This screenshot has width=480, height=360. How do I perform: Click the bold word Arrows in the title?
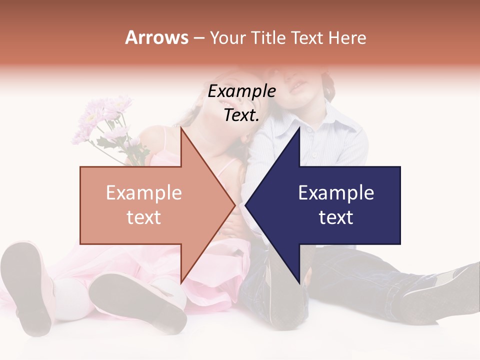(157, 37)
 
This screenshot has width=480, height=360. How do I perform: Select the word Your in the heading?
(227, 38)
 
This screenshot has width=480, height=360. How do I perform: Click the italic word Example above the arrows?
(241, 91)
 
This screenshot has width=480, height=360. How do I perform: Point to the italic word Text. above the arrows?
(241, 115)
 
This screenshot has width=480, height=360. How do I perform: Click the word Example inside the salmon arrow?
(143, 193)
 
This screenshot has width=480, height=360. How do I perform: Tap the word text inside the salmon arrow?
(143, 217)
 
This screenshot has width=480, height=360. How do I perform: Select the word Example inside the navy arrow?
(336, 193)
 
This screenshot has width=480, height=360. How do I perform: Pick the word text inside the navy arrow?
(336, 217)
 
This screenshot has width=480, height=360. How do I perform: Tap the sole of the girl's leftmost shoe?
(27, 285)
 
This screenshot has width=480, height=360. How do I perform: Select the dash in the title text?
(198, 38)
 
